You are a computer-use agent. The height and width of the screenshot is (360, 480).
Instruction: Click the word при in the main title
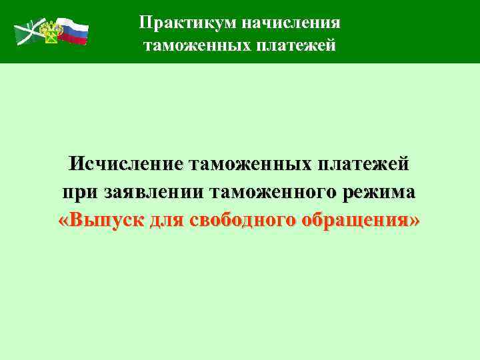coord(80,192)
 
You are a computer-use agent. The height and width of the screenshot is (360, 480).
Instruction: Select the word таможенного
coord(276,192)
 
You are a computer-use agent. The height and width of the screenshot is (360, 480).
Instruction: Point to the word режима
coord(382,192)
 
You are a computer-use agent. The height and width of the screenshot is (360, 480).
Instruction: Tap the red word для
coord(166,220)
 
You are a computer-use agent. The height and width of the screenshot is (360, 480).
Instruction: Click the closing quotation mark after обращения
coord(415,221)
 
